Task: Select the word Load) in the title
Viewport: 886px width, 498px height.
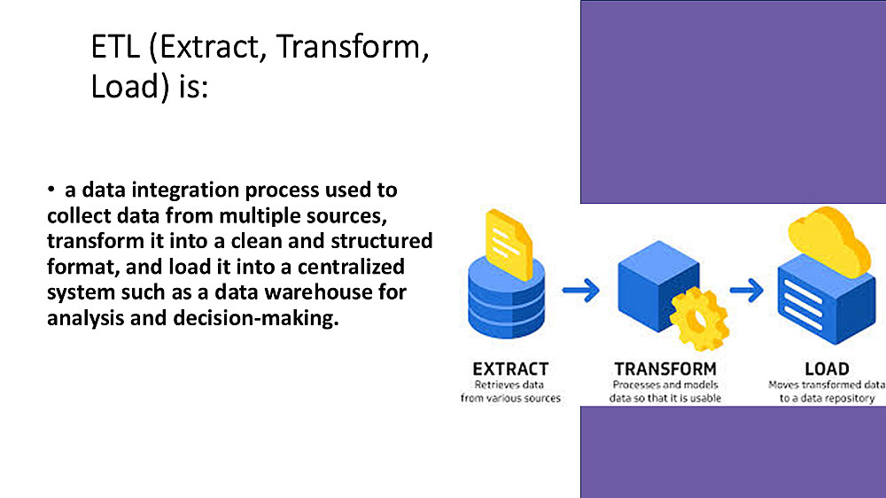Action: [x=130, y=88]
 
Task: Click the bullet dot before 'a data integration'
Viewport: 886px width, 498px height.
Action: [x=51, y=190]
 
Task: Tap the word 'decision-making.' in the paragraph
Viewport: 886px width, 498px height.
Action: [x=256, y=318]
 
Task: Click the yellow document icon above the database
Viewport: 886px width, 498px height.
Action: [x=509, y=245]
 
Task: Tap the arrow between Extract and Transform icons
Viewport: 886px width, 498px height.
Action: [x=581, y=291]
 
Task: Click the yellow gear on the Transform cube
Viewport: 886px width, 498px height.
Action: [x=699, y=318]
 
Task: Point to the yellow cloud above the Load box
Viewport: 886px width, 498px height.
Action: [x=829, y=241]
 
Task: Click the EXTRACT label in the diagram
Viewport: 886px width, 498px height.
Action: [x=510, y=370]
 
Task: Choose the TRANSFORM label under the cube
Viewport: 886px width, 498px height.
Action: [x=665, y=370]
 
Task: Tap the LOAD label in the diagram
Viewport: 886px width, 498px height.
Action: [x=827, y=370]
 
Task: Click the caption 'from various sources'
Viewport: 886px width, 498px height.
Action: [x=510, y=398]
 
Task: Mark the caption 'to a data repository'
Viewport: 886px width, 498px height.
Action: [x=827, y=398]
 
